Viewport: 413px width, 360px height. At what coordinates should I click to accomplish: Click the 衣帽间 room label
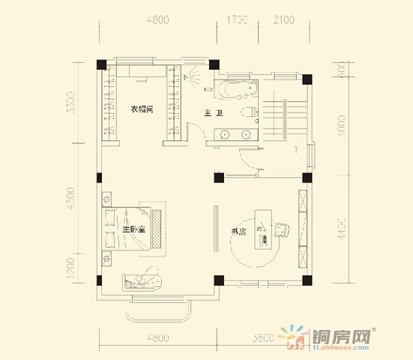point(142,109)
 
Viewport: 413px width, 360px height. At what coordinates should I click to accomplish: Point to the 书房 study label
point(239,232)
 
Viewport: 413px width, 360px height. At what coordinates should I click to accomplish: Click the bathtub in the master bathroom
point(236,91)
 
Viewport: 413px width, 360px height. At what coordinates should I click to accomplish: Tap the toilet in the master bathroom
point(251,112)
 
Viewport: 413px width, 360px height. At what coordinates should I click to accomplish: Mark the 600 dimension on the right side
point(340,73)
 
